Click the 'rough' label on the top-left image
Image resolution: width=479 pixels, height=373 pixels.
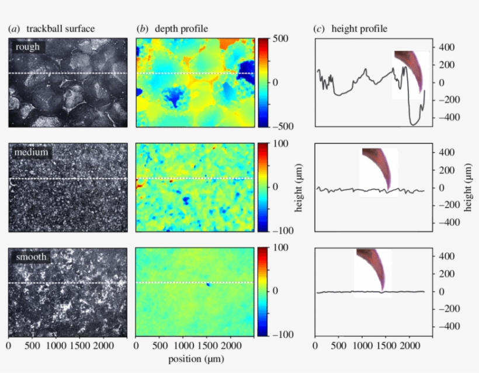coord(27,47)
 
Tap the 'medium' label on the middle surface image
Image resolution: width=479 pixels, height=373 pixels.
coord(32,152)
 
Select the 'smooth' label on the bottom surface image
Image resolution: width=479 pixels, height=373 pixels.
coord(31,256)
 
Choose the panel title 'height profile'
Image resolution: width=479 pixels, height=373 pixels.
coord(359,28)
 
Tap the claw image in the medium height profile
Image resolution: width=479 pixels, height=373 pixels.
coord(378,170)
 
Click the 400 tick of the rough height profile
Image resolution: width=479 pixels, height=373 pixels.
coord(445,47)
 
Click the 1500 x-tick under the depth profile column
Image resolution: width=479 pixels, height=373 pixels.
coord(207,346)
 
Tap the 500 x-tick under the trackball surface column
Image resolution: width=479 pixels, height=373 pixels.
coord(32,346)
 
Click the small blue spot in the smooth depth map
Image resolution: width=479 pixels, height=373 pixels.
coord(208,285)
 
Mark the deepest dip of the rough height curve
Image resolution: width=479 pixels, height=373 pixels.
coord(414,124)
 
